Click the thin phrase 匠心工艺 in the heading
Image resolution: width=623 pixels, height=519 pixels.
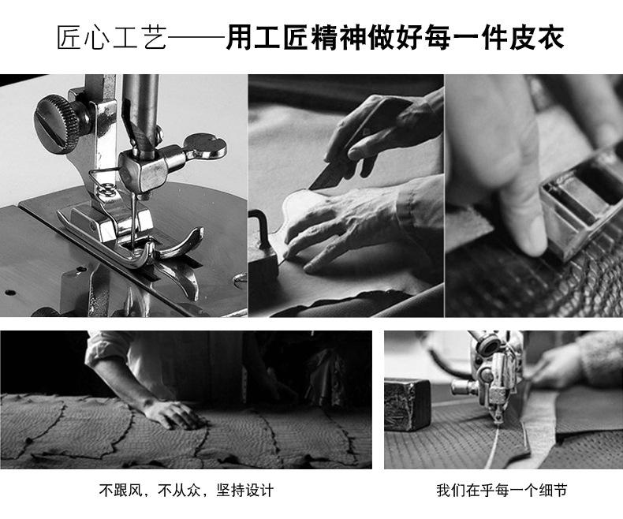[112, 38]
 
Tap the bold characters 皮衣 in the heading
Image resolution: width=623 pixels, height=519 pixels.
[538, 38]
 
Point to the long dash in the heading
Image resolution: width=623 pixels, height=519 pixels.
[196, 38]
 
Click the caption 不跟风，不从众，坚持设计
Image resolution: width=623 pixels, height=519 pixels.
[186, 490]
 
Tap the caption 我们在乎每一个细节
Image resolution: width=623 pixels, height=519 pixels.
[502, 490]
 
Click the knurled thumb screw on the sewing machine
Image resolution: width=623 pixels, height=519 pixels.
[58, 124]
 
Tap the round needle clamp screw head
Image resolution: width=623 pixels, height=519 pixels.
[205, 146]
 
